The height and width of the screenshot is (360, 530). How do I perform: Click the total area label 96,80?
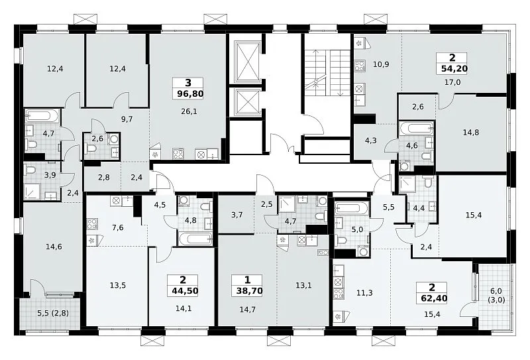tap(190, 93)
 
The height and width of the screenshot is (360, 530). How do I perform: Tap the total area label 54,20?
tap(454, 69)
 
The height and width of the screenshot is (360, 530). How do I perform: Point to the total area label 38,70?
tap(250, 290)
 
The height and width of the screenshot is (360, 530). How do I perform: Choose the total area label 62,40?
tap(435, 298)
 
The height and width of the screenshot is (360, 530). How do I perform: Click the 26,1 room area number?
tap(189, 111)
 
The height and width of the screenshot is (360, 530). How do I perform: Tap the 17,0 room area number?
tap(452, 82)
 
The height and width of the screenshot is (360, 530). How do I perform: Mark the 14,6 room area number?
tap(54, 247)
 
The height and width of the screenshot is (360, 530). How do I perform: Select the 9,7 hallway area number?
tap(127, 119)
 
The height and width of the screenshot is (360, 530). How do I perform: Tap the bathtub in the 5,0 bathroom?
tap(352, 208)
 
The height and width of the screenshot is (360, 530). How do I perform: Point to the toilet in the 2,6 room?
tap(91, 149)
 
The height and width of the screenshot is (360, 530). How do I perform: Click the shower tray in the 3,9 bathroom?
tap(32, 191)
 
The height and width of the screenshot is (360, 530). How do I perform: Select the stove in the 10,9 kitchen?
tap(359, 66)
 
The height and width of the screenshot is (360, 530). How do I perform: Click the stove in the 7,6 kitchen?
tap(91, 224)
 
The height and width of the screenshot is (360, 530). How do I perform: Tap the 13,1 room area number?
tap(303, 286)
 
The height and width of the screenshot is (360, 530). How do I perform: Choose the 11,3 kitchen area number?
tap(364, 292)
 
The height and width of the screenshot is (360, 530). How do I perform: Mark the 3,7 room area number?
tap(237, 215)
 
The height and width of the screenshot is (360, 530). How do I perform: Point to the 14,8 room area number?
tap(471, 133)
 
